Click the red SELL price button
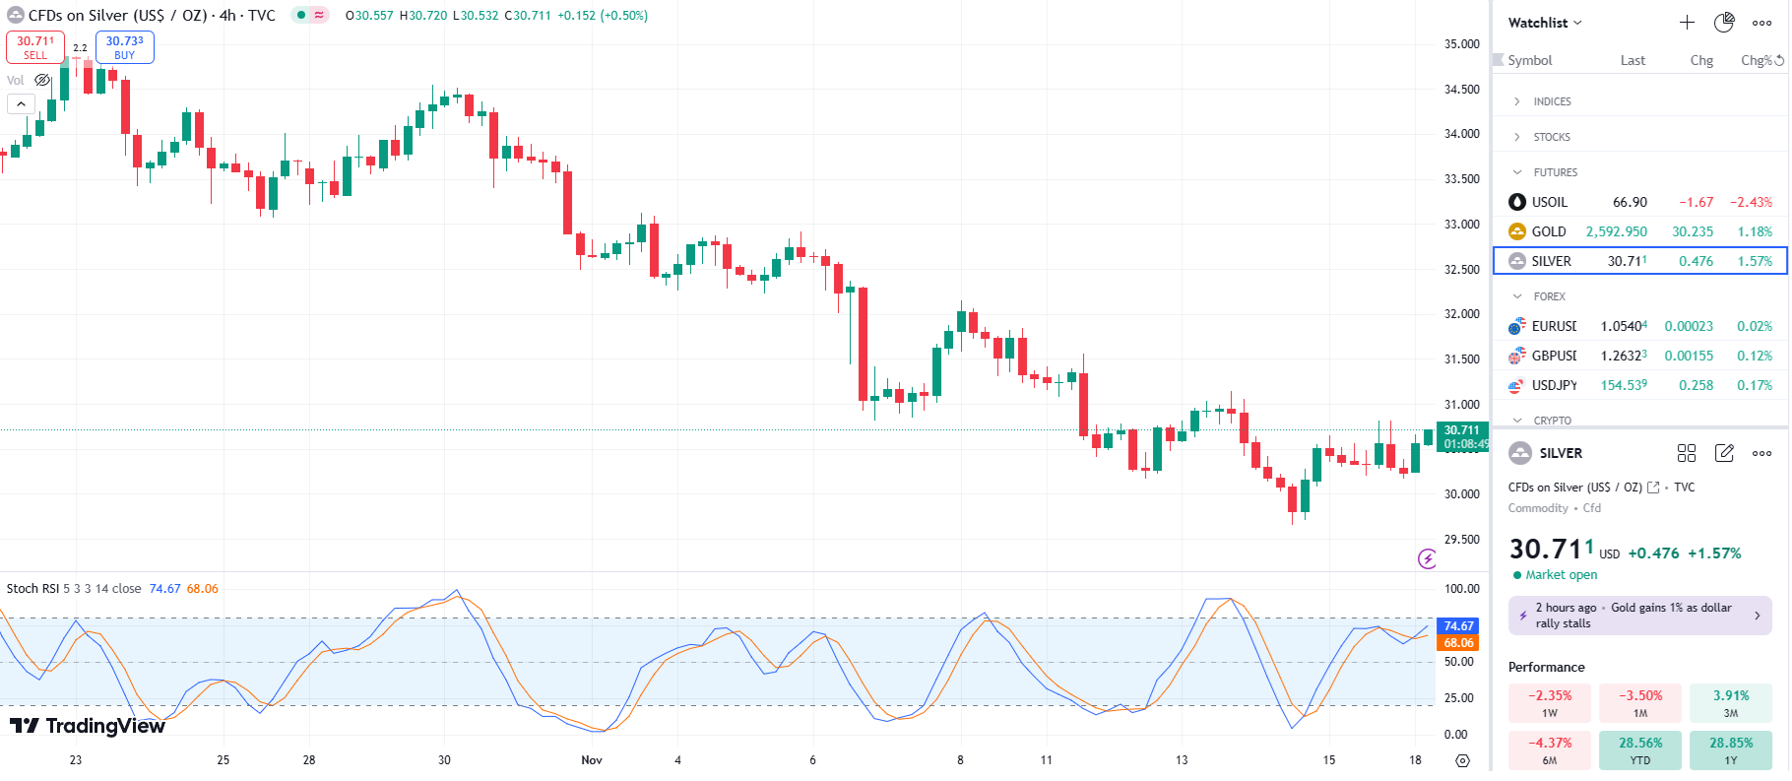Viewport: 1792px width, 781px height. (x=35, y=47)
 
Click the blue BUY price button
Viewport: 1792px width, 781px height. (x=124, y=47)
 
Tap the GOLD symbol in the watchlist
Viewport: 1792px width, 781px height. (x=1548, y=231)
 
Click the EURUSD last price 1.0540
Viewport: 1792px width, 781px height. (x=1623, y=326)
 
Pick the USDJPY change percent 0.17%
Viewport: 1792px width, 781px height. (x=1754, y=385)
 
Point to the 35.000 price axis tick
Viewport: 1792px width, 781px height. (x=1461, y=44)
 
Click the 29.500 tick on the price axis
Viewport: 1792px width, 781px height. (x=1461, y=540)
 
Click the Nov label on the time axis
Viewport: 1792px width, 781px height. (x=592, y=760)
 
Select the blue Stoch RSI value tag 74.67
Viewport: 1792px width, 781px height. (x=1458, y=626)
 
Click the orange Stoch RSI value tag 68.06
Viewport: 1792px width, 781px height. (x=1458, y=643)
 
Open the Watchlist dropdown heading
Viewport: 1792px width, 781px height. (x=1544, y=23)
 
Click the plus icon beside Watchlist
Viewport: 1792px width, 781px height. (x=1687, y=23)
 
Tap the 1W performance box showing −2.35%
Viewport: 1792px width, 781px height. (x=1550, y=702)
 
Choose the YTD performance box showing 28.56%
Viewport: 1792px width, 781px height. (x=1640, y=749)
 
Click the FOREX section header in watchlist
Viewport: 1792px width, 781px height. (x=1549, y=296)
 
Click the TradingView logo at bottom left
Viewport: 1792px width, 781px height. (x=88, y=727)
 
